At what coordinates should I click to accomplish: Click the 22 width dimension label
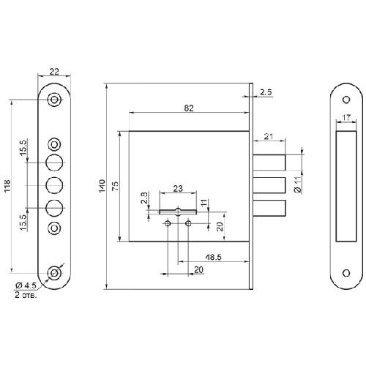tap(54, 72)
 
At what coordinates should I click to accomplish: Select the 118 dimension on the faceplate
tap(7, 186)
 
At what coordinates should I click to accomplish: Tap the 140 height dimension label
tap(102, 186)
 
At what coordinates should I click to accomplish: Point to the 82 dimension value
tap(189, 108)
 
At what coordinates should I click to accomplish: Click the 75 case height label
tap(116, 186)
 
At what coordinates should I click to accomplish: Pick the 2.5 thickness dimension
tap(266, 92)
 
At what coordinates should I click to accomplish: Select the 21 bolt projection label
tap(269, 137)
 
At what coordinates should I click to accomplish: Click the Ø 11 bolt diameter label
tap(298, 184)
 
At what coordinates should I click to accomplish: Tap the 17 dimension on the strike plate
tap(346, 118)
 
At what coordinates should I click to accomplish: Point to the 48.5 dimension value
tap(213, 257)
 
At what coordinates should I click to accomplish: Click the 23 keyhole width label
tap(178, 188)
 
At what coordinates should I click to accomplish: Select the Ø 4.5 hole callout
tap(26, 285)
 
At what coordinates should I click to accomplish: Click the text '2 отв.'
tap(26, 295)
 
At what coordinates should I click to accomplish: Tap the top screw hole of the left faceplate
tap(54, 100)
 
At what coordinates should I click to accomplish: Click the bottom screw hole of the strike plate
tap(346, 273)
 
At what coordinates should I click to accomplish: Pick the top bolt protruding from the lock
tap(269, 163)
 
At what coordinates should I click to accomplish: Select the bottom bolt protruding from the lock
tap(269, 208)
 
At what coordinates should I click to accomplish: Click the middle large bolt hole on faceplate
tap(54, 185)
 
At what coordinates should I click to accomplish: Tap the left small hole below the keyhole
tap(168, 223)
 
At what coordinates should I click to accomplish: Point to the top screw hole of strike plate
tap(346, 100)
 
